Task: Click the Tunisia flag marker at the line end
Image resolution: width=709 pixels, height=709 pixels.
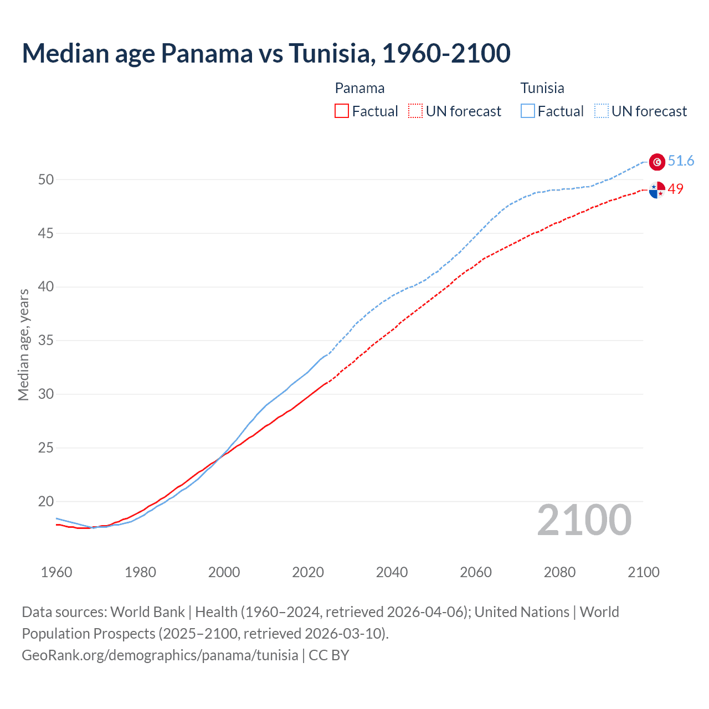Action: [x=657, y=162]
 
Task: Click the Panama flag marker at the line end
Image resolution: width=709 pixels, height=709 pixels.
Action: [x=657, y=189]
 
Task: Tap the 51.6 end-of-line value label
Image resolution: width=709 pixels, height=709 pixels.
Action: [x=681, y=161]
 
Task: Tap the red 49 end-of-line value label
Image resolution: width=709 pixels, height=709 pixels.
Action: [x=675, y=189]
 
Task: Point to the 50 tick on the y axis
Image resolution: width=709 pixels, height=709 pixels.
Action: [x=46, y=179]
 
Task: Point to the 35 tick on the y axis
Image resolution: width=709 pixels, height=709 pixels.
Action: [x=46, y=341]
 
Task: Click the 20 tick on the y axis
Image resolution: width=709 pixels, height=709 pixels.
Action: [x=46, y=502]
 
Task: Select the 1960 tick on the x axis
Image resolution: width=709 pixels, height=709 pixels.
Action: [x=56, y=572]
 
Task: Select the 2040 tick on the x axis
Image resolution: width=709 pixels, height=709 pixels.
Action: [x=392, y=572]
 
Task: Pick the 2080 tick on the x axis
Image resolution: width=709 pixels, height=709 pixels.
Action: [x=559, y=572]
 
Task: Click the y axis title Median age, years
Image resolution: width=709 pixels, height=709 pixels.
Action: [x=23, y=345]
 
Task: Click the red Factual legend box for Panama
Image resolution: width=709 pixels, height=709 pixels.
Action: [x=342, y=111]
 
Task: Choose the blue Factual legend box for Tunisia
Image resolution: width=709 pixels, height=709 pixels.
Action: [x=528, y=111]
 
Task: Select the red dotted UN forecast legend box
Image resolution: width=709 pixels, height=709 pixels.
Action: [x=415, y=111]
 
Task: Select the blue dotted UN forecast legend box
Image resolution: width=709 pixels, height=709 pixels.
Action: [x=602, y=111]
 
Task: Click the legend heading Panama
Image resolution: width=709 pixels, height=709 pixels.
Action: [x=359, y=88]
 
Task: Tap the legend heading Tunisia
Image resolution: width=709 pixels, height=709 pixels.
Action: [x=542, y=88]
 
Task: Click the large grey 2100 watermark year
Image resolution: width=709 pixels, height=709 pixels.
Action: [x=584, y=520]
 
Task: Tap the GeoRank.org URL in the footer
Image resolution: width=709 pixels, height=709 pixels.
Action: [x=160, y=655]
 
